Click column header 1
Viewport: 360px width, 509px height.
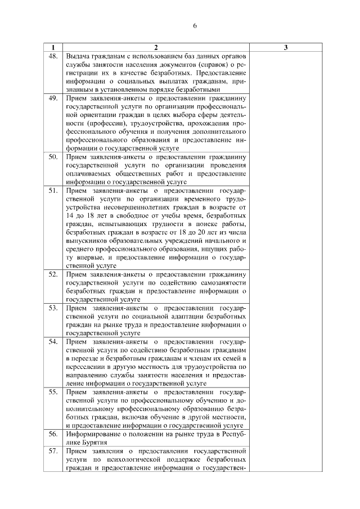tap(53, 48)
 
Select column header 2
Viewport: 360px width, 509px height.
tap(156, 48)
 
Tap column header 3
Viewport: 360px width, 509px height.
tap(286, 48)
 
